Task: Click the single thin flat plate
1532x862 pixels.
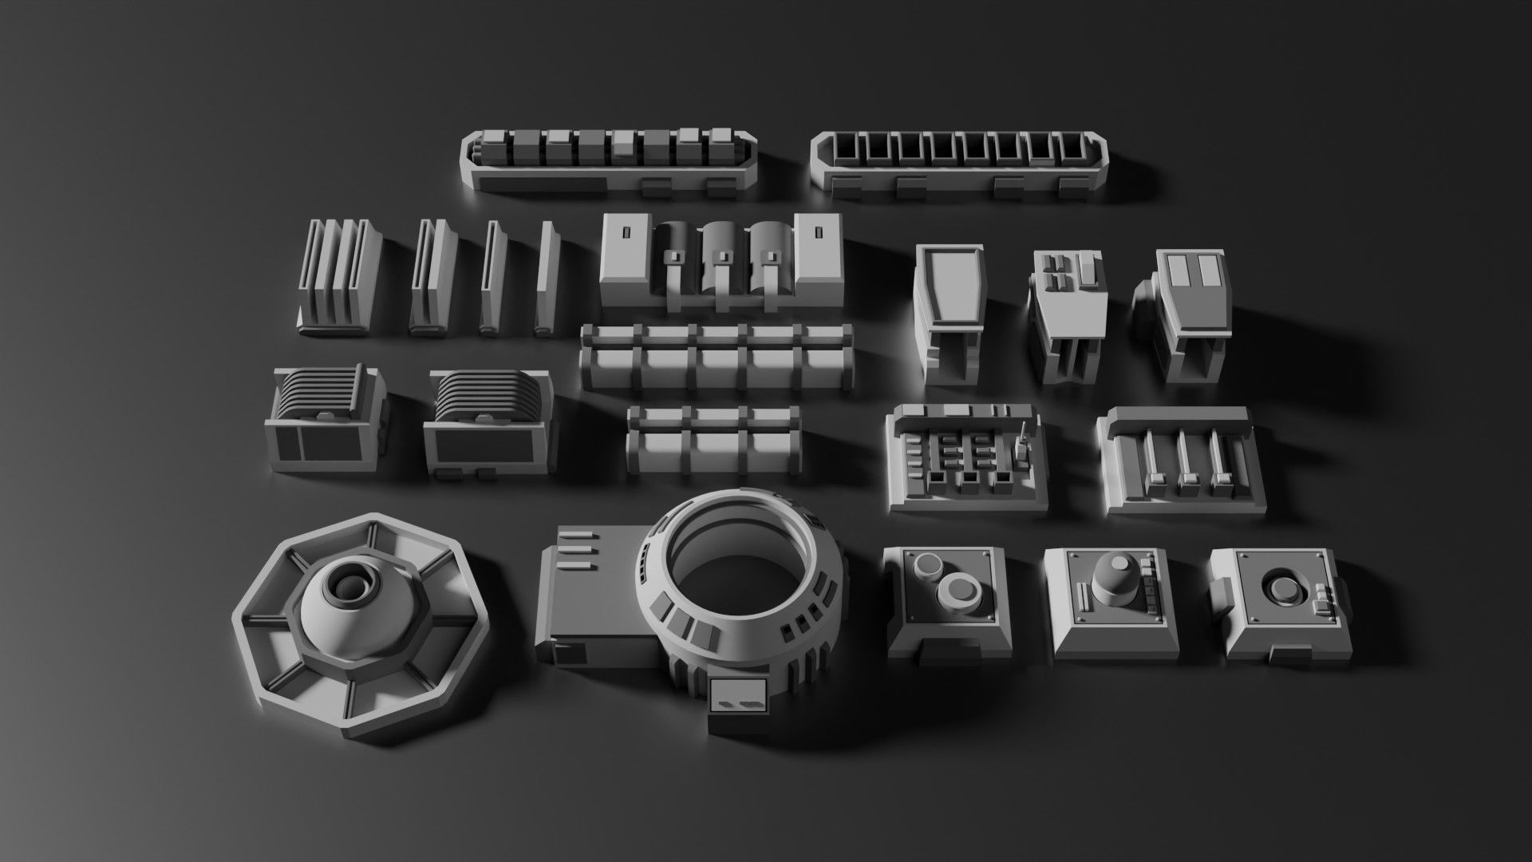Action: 547,279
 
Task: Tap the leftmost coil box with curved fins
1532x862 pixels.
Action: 322,419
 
